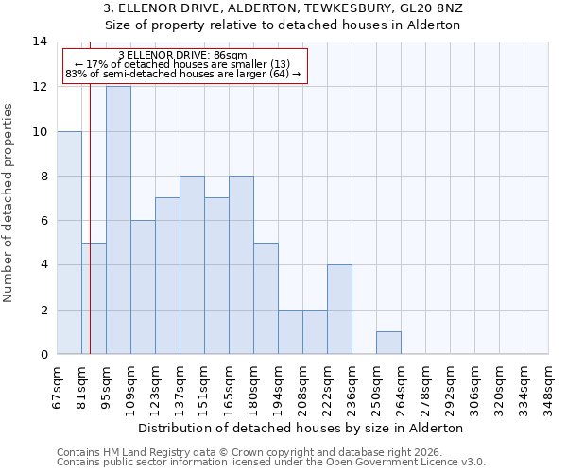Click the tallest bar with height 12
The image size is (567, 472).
pyautogui.click(x=118, y=220)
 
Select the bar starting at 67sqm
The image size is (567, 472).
pyautogui.click(x=69, y=243)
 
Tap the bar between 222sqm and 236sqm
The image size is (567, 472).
pyautogui.click(x=339, y=310)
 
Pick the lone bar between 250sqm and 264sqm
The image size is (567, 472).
pyautogui.click(x=388, y=343)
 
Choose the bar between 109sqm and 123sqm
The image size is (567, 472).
pyautogui.click(x=143, y=287)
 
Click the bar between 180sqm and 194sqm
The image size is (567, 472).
pyautogui.click(x=266, y=298)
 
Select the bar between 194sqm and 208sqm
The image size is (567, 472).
pyautogui.click(x=290, y=331)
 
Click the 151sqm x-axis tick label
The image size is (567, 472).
pyautogui.click(x=204, y=387)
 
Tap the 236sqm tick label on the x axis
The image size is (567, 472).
pyautogui.click(x=352, y=387)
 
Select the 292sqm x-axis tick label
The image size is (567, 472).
pyautogui.click(x=450, y=387)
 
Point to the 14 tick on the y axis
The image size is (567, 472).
pyautogui.click(x=40, y=42)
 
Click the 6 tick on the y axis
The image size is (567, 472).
pyautogui.click(x=43, y=221)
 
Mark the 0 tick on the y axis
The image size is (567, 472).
pyautogui.click(x=43, y=355)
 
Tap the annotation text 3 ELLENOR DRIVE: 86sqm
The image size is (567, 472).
pyautogui.click(x=184, y=55)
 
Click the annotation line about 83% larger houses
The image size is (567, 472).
pyautogui.click(x=184, y=74)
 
